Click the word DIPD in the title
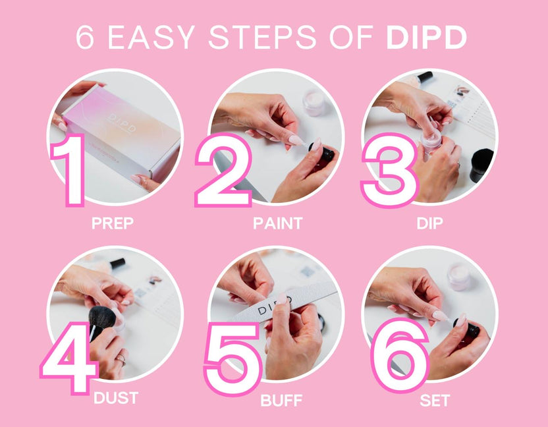tap(426, 38)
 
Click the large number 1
tap(70, 169)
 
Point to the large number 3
tap(390, 170)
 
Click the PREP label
tap(112, 223)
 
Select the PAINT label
tap(277, 223)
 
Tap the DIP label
tap(429, 223)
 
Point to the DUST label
tap(116, 399)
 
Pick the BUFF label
tap(281, 401)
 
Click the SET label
tap(435, 399)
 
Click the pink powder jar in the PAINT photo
tap(314, 103)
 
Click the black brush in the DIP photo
tap(481, 164)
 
